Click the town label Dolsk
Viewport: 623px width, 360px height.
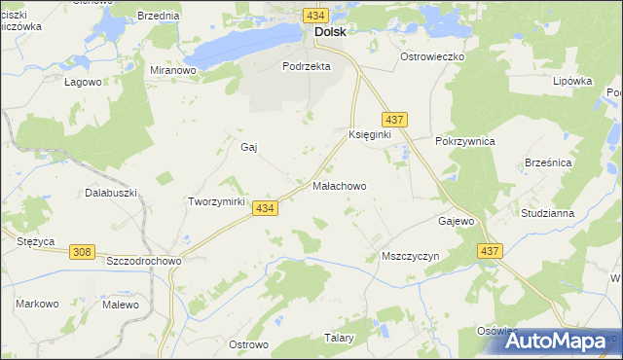[329, 31]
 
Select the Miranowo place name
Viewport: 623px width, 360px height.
[174, 70]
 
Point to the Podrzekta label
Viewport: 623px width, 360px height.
[307, 66]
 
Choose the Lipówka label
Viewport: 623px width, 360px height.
[572, 81]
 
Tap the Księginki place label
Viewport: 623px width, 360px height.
[369, 134]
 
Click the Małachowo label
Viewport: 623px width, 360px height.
[339, 185]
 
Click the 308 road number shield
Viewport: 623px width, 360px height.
[83, 252]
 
